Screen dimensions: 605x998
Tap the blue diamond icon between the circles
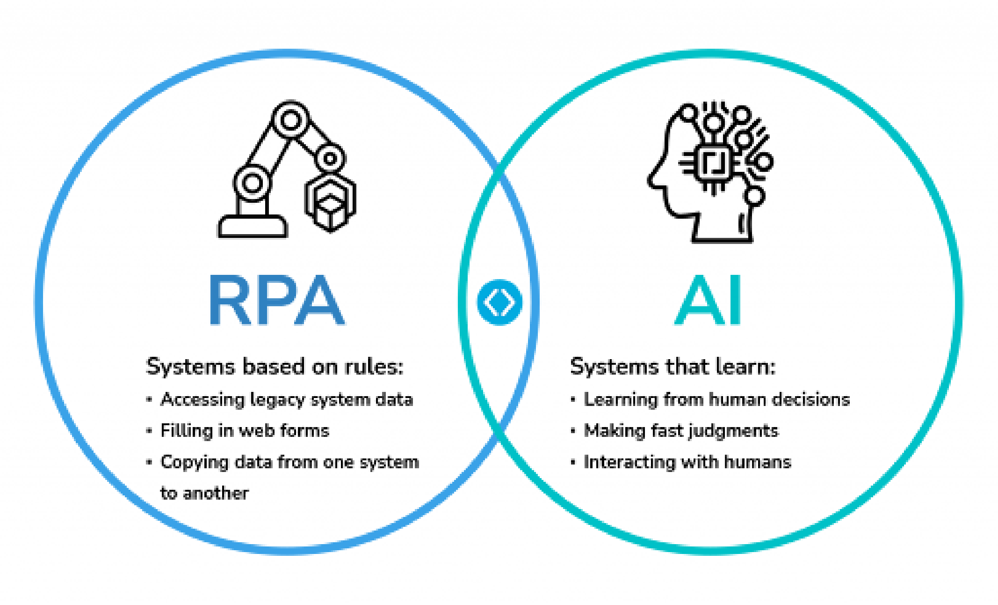coord(499,302)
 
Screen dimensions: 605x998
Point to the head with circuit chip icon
coord(710,171)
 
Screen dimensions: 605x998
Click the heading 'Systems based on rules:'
coord(275,367)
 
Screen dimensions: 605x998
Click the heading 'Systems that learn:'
coord(673,367)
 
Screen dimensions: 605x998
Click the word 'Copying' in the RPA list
coord(194,463)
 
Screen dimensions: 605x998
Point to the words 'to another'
coord(204,493)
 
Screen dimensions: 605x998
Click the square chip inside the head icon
coord(713,162)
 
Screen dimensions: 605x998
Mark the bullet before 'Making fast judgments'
coord(573,431)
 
